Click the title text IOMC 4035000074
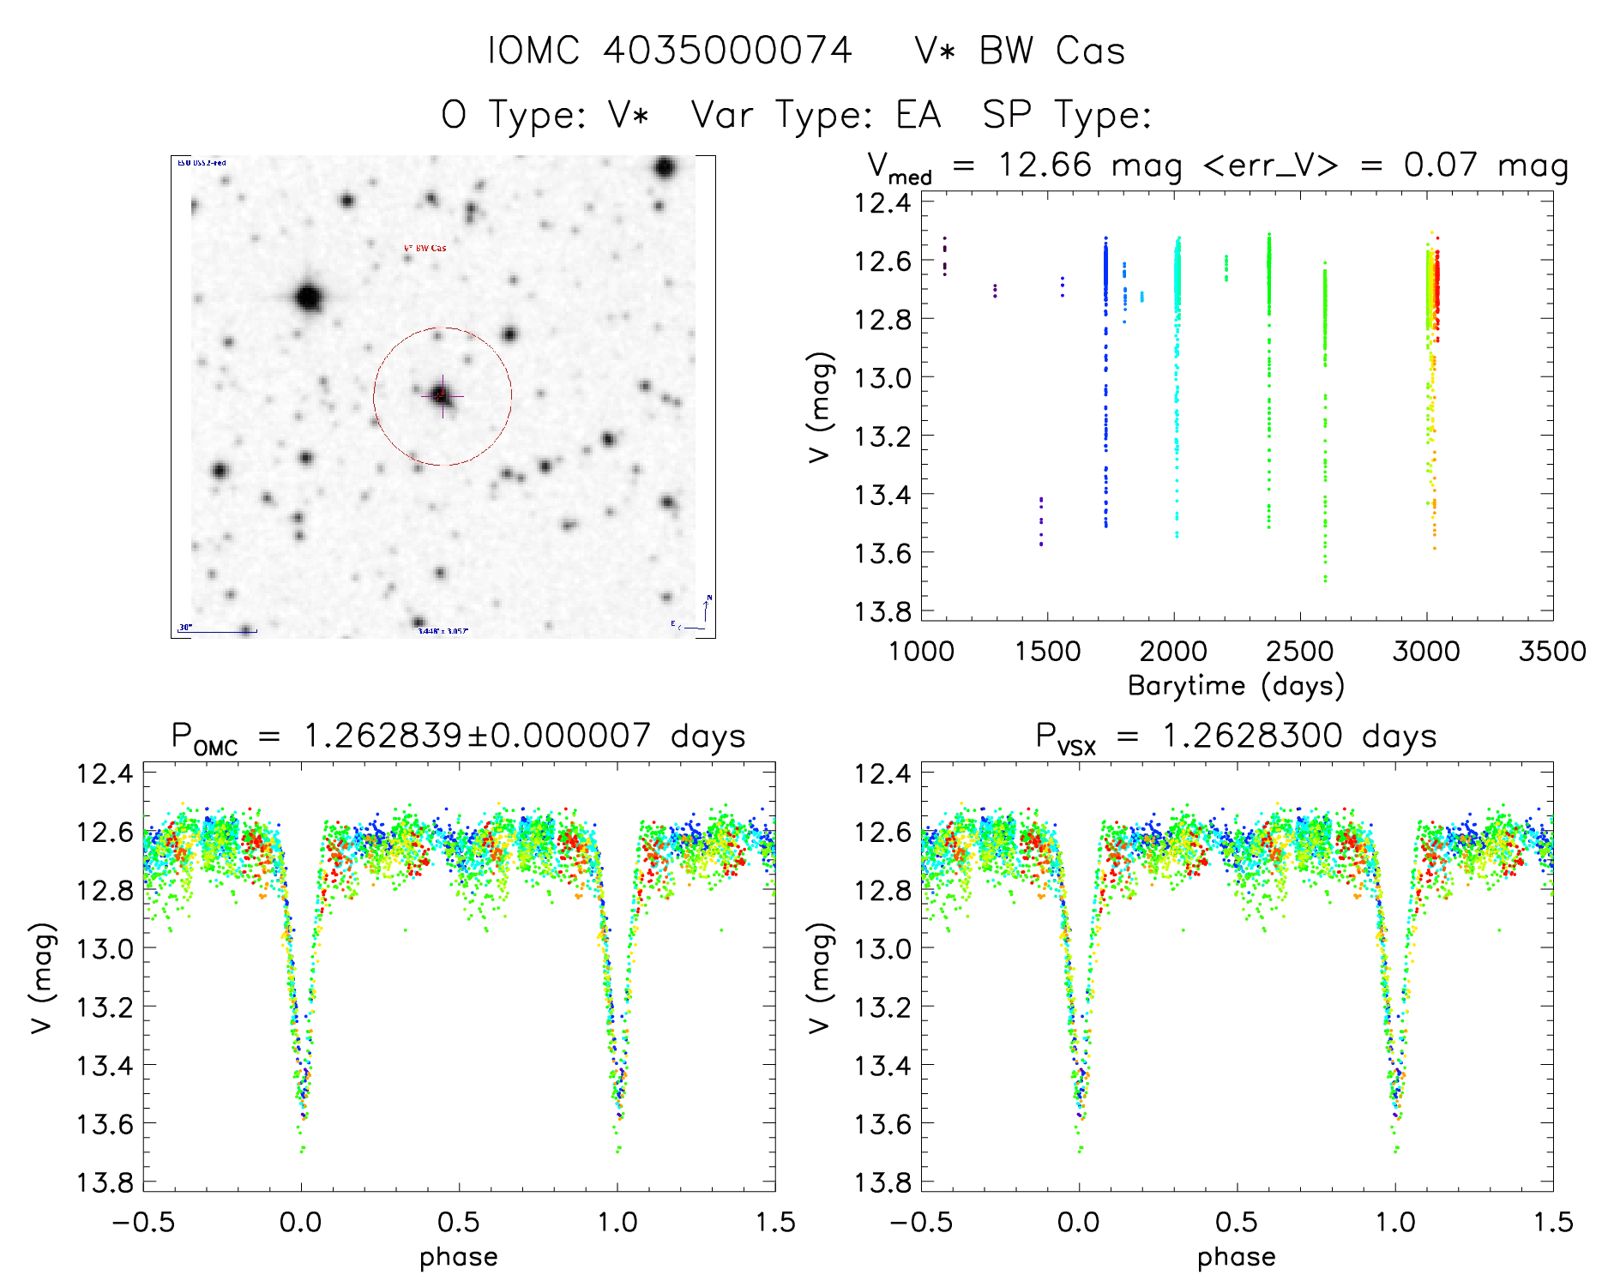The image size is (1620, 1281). pyautogui.click(x=670, y=51)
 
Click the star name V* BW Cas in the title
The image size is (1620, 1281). pyautogui.click(x=1020, y=51)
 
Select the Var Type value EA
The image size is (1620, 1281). pyautogui.click(x=918, y=115)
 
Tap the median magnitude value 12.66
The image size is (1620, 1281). pyautogui.click(x=1045, y=165)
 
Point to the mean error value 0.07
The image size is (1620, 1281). pyautogui.click(x=1440, y=165)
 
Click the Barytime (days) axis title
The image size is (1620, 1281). pyautogui.click(x=1236, y=685)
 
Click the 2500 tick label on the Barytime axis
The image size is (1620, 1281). pyautogui.click(x=1299, y=651)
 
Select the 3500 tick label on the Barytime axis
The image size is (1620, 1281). pyautogui.click(x=1551, y=651)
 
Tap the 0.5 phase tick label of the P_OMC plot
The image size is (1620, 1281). pyautogui.click(x=459, y=1222)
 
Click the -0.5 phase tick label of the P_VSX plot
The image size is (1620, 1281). pyautogui.click(x=922, y=1222)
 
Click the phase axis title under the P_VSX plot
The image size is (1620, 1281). pyautogui.click(x=1236, y=1257)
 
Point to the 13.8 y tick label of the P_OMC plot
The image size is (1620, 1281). pyautogui.click(x=105, y=1182)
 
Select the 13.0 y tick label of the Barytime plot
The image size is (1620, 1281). pyautogui.click(x=882, y=377)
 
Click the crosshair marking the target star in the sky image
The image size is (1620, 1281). pyautogui.click(x=443, y=395)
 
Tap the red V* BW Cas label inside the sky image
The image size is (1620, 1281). pyautogui.click(x=425, y=248)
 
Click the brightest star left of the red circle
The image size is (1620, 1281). pyautogui.click(x=308, y=298)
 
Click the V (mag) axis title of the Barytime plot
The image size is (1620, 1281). pyautogui.click(x=820, y=406)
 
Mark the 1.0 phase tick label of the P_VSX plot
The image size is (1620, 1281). pyautogui.click(x=1395, y=1222)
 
